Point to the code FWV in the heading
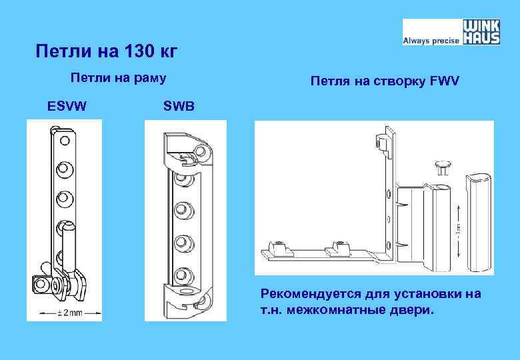pos(445,82)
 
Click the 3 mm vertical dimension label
pos(459,229)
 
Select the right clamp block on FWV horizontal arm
pos(342,248)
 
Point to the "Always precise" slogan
pos(431,41)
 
